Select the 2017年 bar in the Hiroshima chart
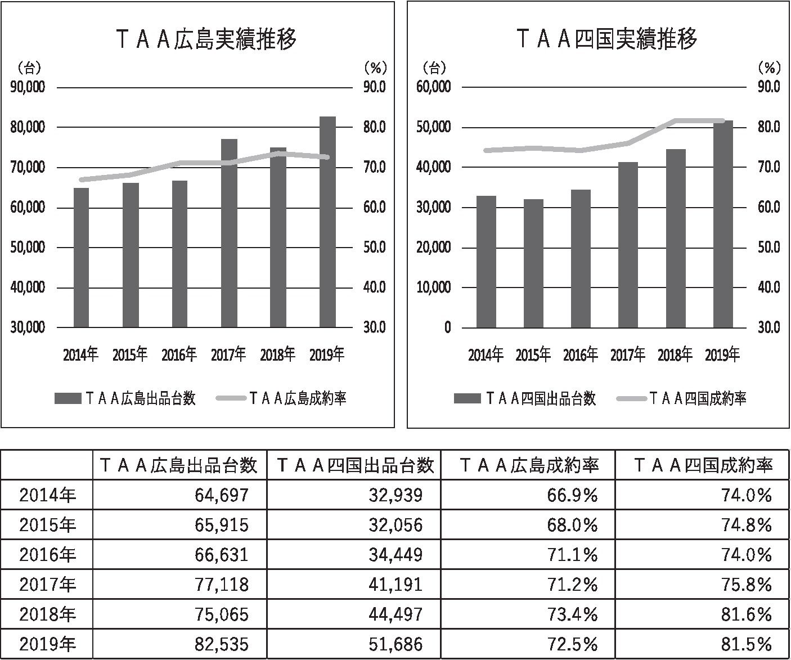(x=229, y=233)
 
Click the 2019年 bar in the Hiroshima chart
(x=327, y=222)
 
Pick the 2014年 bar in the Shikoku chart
(x=486, y=262)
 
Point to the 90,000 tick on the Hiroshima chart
(x=28, y=87)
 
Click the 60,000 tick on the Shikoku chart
(x=433, y=87)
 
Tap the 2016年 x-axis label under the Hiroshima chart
(x=179, y=355)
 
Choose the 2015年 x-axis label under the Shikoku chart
(x=533, y=355)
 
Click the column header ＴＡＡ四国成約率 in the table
(x=703, y=465)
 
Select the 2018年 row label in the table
(x=47, y=614)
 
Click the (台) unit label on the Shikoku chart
(x=434, y=69)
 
